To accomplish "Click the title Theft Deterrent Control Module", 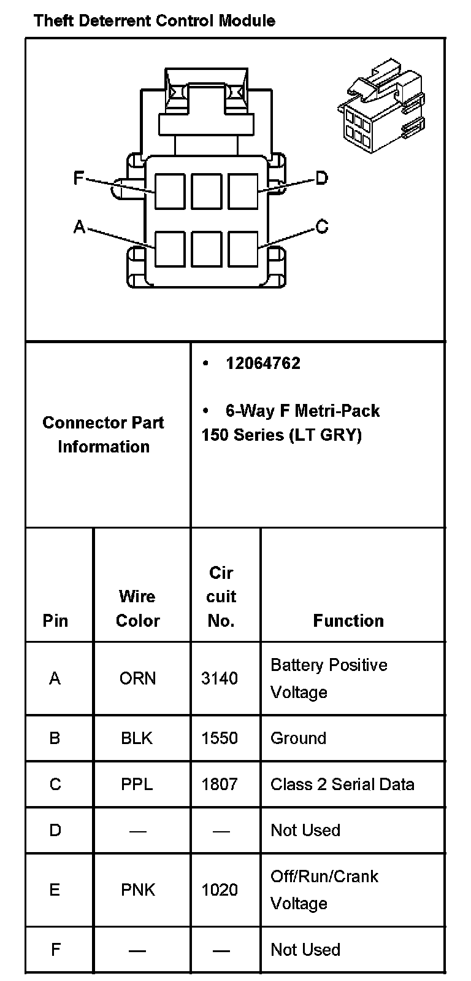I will tap(155, 21).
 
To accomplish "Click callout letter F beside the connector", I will tap(78, 178).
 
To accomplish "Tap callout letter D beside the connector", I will tap(321, 179).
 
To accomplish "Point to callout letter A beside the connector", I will tap(79, 227).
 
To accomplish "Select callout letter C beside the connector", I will tap(322, 227).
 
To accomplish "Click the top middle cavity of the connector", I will tap(206, 191).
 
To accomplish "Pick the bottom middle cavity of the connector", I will tap(206, 249).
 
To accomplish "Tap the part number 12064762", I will tap(263, 363).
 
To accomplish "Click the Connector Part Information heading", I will tap(104, 435).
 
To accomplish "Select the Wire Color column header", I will tap(137, 608).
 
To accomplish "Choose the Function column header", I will tap(348, 621).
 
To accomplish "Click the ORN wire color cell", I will tap(137, 678).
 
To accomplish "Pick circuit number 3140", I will tap(220, 678).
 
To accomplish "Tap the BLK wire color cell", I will tap(137, 738).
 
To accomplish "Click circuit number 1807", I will tap(220, 784).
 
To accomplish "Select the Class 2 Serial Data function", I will tap(342, 784).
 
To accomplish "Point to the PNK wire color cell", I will tap(138, 890).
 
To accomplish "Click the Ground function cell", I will tap(298, 738).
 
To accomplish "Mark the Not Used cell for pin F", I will tap(305, 950).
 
